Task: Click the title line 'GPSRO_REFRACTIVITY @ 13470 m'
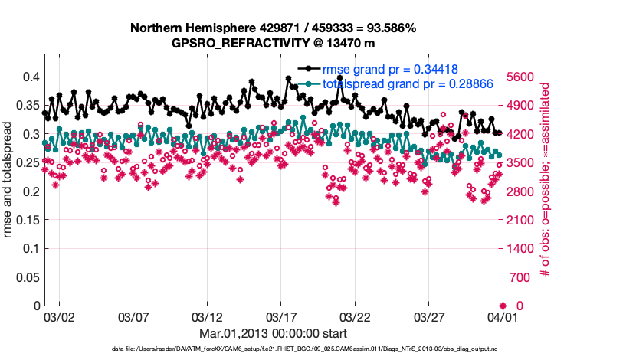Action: tap(273, 43)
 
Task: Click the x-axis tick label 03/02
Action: tap(59, 316)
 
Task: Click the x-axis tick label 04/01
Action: tap(502, 316)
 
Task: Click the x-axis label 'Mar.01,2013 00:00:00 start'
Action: tap(273, 333)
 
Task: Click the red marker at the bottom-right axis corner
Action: tap(503, 306)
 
